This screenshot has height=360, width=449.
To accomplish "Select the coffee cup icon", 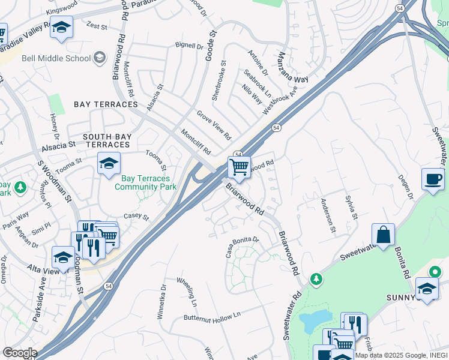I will click(433, 179).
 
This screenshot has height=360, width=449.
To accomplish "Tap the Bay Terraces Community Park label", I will click(145, 182).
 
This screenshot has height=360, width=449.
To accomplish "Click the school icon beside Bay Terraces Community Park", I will click(109, 163).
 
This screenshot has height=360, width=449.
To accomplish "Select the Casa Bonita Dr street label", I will click(242, 247).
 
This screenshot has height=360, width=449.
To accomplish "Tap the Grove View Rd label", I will click(214, 125).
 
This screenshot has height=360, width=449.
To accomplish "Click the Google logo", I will click(19, 353).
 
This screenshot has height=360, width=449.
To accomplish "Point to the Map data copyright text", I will click(400, 355).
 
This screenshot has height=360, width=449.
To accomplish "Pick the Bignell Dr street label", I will click(189, 46).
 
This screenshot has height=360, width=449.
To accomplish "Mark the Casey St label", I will click(136, 216).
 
